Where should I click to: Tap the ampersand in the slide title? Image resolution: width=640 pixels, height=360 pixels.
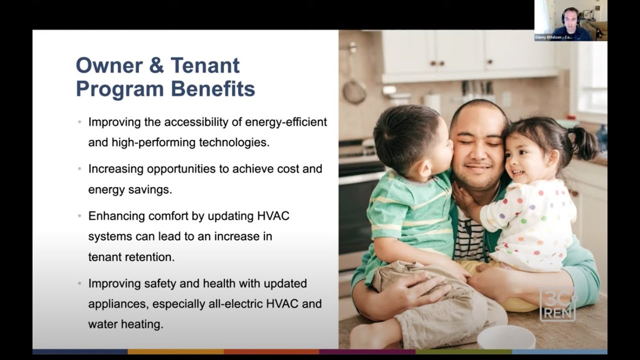pyautogui.click(x=157, y=65)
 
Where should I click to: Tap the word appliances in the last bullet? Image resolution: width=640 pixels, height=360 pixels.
pyautogui.click(x=118, y=303)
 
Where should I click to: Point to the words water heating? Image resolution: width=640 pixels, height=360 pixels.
pyautogui.click(x=125, y=324)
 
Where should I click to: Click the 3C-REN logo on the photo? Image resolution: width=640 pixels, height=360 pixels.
pyautogui.click(x=558, y=304)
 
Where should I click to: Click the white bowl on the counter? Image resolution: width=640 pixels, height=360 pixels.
pyautogui.click(x=506, y=337)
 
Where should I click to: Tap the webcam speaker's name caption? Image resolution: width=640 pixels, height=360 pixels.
pyautogui.click(x=553, y=37)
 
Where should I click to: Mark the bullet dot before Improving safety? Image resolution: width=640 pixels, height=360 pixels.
pyautogui.click(x=79, y=283)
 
